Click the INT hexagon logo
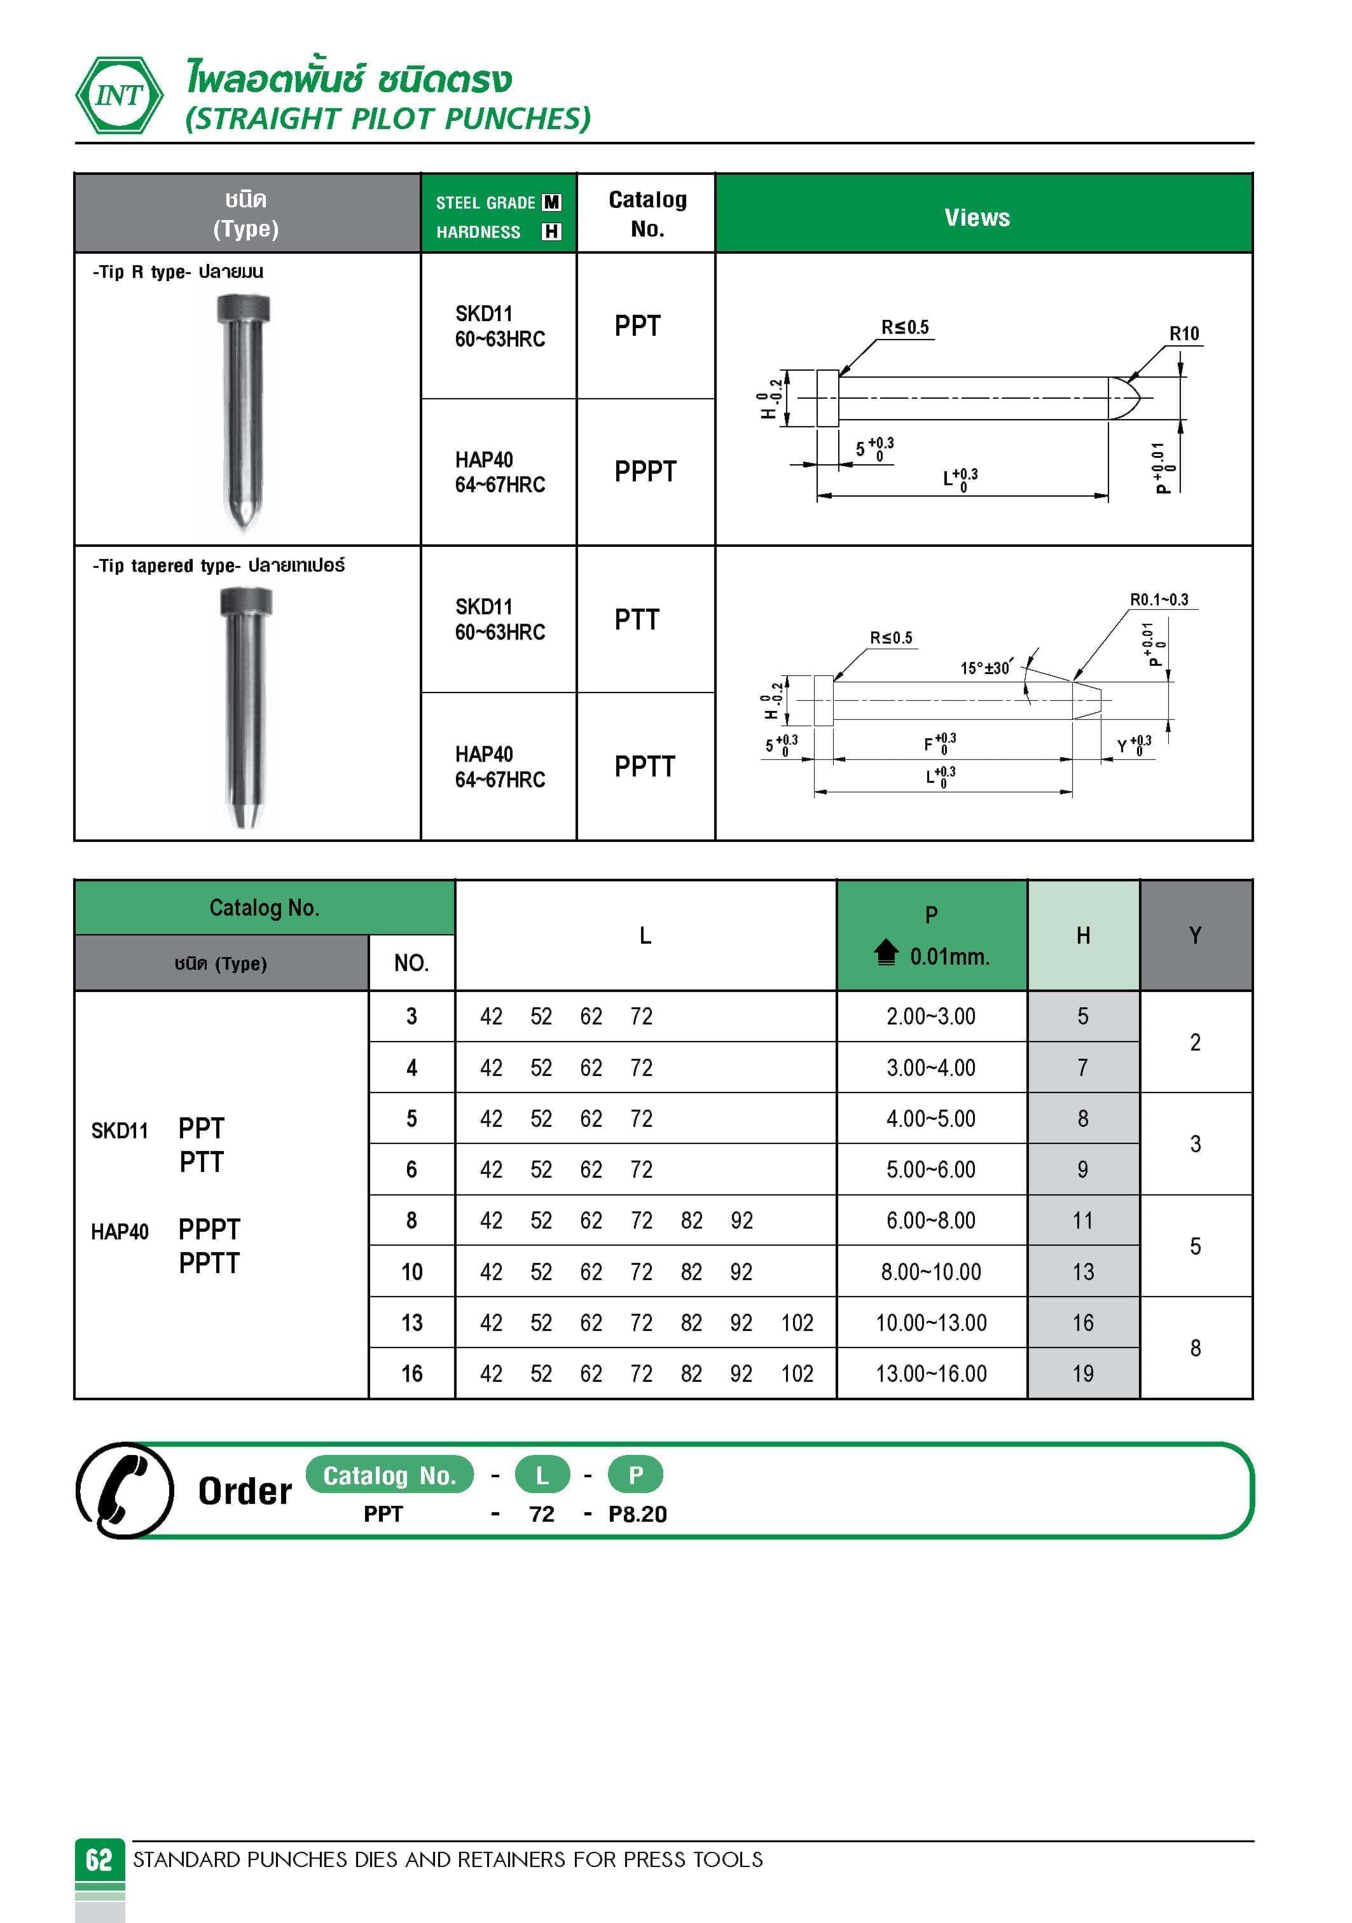pyautogui.click(x=119, y=95)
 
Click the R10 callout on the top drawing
pyautogui.click(x=1183, y=333)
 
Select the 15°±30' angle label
pyautogui.click(x=985, y=668)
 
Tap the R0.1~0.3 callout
pyautogui.click(x=1159, y=600)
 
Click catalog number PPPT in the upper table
pyautogui.click(x=644, y=472)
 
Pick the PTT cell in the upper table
pyautogui.click(x=637, y=620)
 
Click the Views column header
pyautogui.click(x=977, y=217)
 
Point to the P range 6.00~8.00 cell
pyautogui.click(x=930, y=1220)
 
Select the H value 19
pyautogui.click(x=1082, y=1374)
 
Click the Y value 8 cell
pyautogui.click(x=1194, y=1347)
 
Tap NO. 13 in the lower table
pyautogui.click(x=411, y=1323)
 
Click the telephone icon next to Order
pyautogui.click(x=124, y=1490)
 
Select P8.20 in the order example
pyautogui.click(x=637, y=1514)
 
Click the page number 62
pyautogui.click(x=99, y=1859)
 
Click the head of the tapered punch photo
pyautogui.click(x=245, y=600)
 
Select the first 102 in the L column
pyautogui.click(x=797, y=1323)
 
